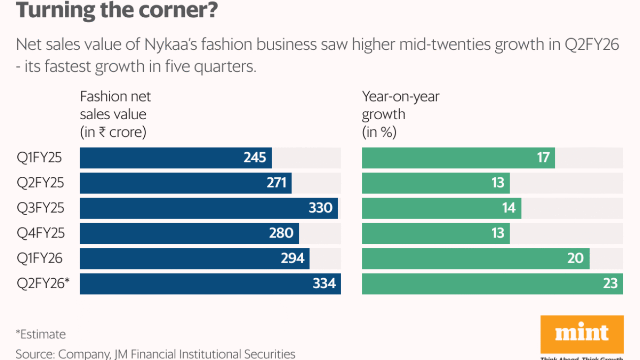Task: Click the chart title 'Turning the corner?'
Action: coord(116,10)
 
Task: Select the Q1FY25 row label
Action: coord(40,158)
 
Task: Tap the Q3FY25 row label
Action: coord(40,208)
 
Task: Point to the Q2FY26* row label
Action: coord(43,283)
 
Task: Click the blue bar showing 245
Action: coord(175,158)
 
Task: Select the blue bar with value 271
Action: coord(185,183)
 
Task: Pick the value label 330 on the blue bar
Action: coord(320,208)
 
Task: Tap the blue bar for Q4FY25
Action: coord(189,233)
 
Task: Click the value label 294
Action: coord(292,258)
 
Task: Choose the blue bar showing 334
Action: coord(210,284)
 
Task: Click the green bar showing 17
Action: coord(458,158)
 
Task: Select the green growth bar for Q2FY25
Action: coord(435,183)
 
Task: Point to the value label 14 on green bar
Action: coord(509,208)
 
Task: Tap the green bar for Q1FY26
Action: coord(475,258)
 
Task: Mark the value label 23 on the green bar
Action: coord(610,284)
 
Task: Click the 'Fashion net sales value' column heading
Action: coord(115,114)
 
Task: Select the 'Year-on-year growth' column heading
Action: coord(400,114)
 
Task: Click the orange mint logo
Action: coord(581,335)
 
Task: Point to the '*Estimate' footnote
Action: coord(40,334)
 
